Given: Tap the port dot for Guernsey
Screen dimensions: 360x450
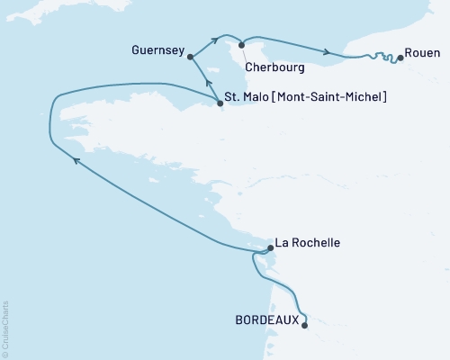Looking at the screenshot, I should [x=191, y=56].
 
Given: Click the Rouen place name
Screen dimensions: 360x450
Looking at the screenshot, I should [x=422, y=51].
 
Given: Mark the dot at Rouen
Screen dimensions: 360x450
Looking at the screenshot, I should [x=400, y=58].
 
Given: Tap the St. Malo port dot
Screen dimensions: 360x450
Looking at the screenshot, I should [x=220, y=103].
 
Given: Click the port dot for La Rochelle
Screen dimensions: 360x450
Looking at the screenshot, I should [x=271, y=249].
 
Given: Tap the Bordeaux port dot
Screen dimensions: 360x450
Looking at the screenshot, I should [x=305, y=325].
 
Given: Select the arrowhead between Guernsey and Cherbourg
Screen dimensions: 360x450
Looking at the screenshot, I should [x=216, y=39].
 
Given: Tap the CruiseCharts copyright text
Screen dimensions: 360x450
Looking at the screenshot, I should [x=5, y=328].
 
